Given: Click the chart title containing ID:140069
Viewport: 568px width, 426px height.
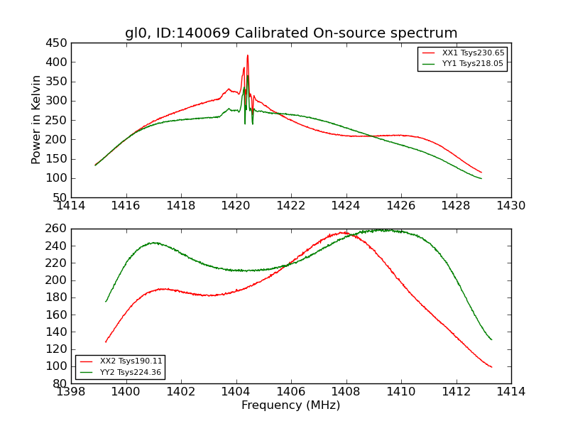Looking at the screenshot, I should click(291, 33).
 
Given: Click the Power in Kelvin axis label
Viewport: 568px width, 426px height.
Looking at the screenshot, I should click(37, 120).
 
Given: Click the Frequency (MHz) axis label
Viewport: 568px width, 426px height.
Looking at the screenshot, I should click(291, 405).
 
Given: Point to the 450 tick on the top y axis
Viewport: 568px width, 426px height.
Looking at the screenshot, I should click(56, 43).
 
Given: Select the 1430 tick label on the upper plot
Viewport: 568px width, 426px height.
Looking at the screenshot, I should click(511, 206).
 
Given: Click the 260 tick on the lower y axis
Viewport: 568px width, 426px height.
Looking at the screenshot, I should click(56, 229).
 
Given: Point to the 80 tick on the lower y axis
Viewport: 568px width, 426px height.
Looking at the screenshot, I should click(59, 383).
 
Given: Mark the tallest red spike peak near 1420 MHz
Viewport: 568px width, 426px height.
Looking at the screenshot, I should click(247, 55).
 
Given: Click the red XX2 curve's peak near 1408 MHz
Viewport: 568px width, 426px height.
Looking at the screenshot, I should click(344, 232).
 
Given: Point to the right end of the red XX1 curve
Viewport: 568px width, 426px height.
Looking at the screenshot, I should click(481, 173).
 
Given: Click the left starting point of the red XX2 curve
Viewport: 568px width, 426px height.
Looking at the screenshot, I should click(106, 342).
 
